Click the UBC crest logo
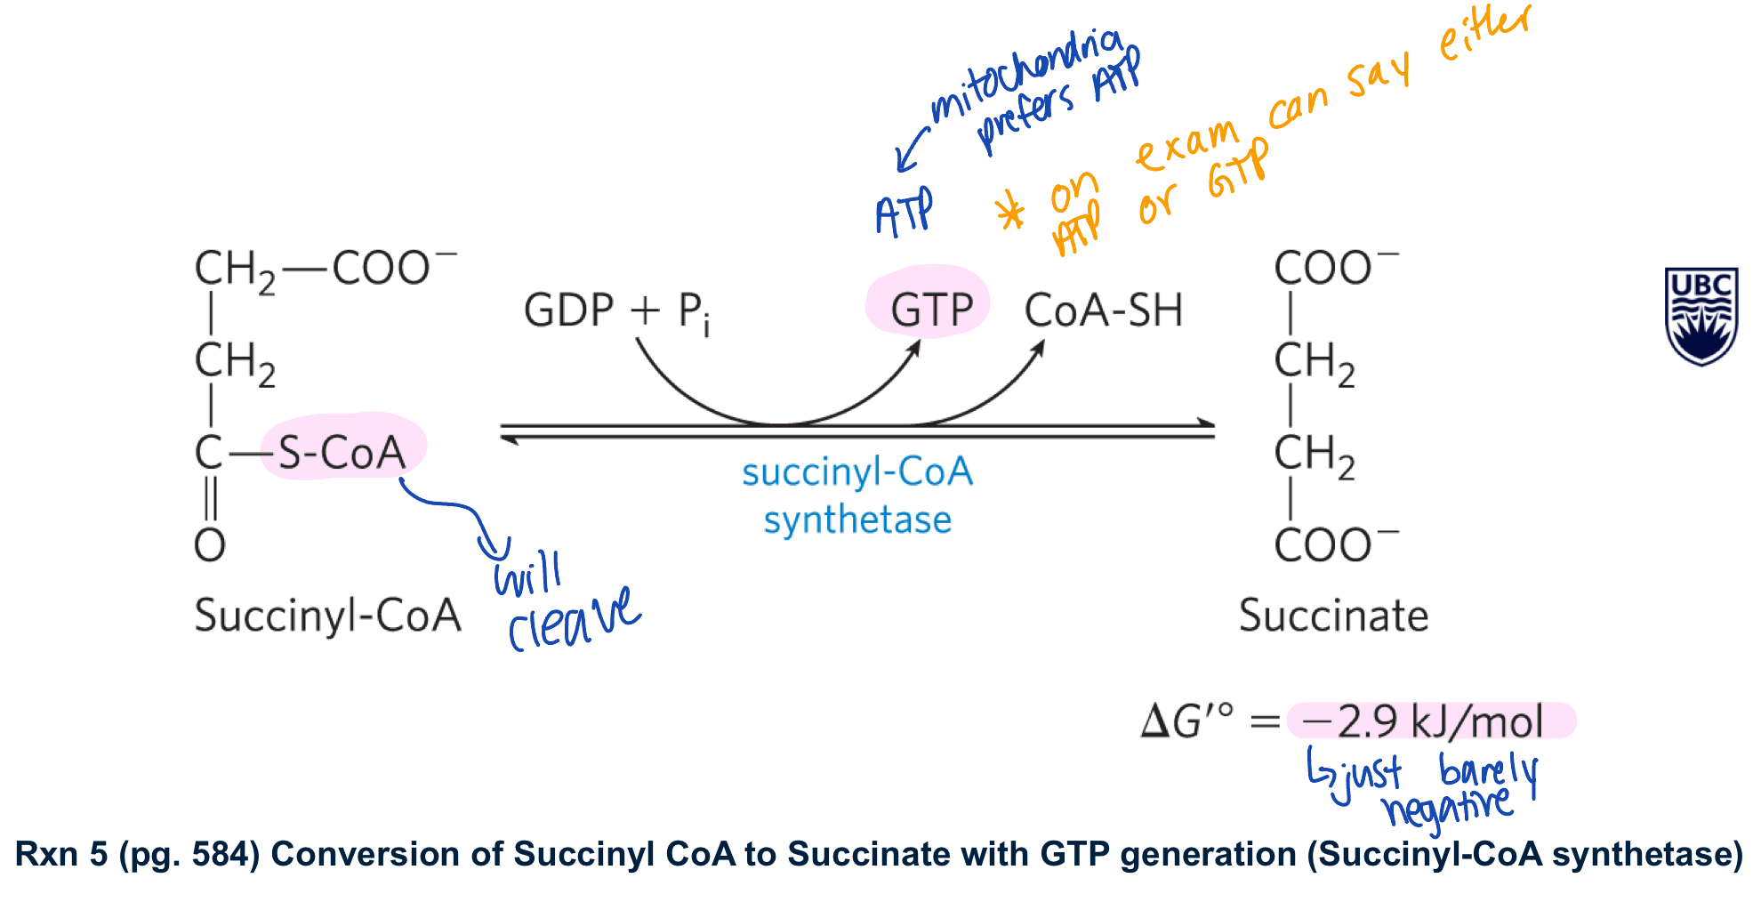tap(1701, 316)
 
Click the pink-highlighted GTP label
tap(931, 310)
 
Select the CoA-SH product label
tap(1103, 310)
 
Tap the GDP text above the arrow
tap(568, 310)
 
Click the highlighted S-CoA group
tap(342, 451)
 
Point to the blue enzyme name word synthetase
tap(857, 519)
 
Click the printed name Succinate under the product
tap(1333, 616)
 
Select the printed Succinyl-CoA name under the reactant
tap(327, 616)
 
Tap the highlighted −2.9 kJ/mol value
tap(1423, 721)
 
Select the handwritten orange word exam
tap(1187, 147)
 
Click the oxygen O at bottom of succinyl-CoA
tap(210, 544)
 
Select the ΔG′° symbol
tap(1186, 721)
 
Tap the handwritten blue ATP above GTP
tap(904, 213)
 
